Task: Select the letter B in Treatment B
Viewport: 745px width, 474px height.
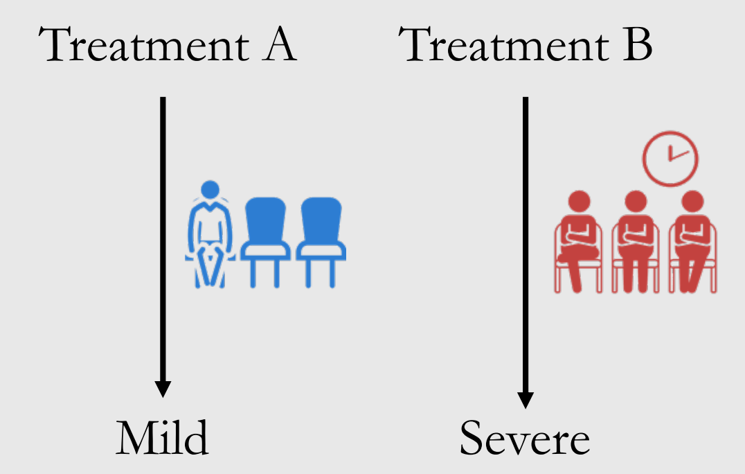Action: coord(634,46)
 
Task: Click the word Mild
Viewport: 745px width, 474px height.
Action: coord(162,438)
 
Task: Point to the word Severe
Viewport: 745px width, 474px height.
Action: coord(525,438)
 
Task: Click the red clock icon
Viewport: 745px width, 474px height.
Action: coord(670,157)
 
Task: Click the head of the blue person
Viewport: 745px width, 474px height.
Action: coord(210,188)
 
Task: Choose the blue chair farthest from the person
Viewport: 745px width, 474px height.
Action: coord(321,239)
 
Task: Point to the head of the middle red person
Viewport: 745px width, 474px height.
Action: coord(635,202)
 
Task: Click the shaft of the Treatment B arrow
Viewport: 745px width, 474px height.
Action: coord(526,243)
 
